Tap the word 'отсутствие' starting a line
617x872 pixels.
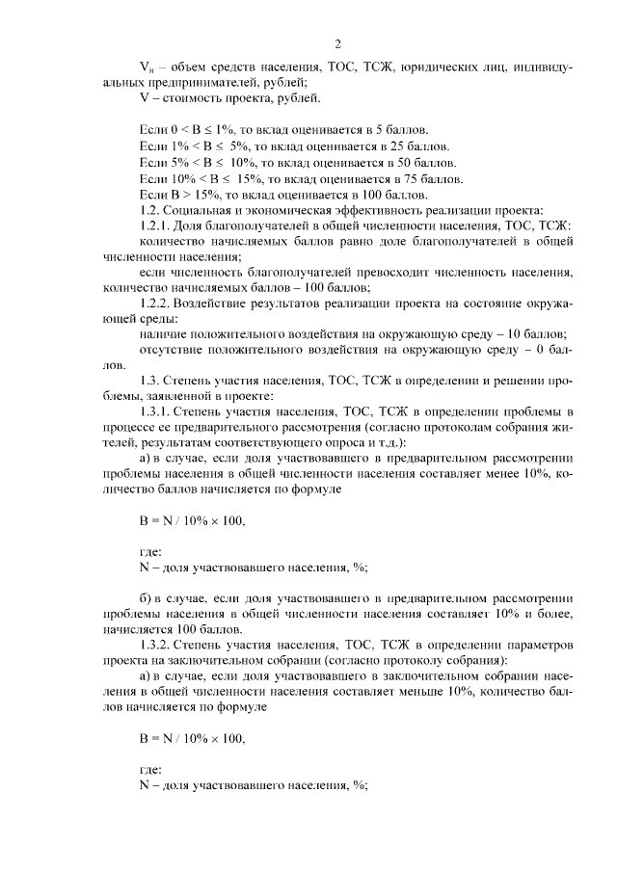(x=171, y=348)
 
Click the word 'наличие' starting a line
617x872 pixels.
(x=163, y=332)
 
